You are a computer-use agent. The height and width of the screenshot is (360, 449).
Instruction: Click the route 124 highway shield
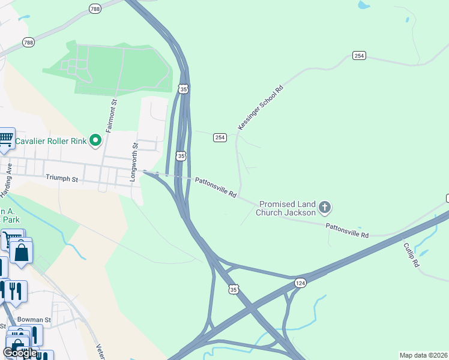300,282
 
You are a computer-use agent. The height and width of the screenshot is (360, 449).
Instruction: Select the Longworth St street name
135,154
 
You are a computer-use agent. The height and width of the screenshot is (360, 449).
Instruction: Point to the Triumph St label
62,178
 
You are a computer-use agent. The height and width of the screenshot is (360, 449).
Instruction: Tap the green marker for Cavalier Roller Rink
95,140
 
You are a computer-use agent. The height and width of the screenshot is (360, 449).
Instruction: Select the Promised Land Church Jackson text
286,208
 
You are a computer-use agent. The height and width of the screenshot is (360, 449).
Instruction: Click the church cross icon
325,208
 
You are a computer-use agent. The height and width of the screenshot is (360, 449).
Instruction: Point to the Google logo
20,352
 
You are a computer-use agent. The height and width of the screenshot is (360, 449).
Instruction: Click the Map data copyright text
424,355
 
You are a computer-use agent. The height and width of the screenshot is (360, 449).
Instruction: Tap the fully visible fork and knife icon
15,290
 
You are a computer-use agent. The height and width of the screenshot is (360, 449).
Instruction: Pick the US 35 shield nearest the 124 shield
234,289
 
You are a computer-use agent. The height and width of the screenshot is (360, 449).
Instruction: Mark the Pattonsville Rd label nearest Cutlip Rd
347,230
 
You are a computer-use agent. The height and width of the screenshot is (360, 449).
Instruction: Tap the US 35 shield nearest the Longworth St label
181,156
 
